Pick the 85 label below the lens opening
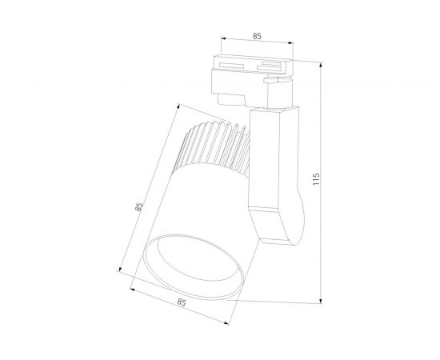182,302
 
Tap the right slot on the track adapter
274,66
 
